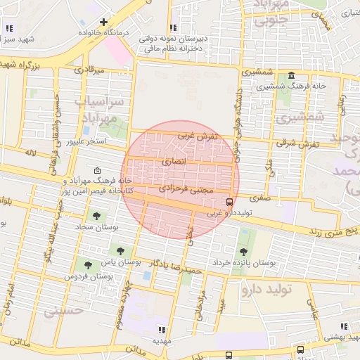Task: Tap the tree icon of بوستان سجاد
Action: [x=96, y=216]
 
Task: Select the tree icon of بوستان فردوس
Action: [x=87, y=265]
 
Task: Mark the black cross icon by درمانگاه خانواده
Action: [x=104, y=22]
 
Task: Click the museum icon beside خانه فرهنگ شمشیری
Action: [x=291, y=76]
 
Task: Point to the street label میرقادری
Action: [x=89, y=70]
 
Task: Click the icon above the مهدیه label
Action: [x=162, y=329]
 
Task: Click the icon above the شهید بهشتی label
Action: [x=343, y=326]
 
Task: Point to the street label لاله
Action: [x=30, y=152]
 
